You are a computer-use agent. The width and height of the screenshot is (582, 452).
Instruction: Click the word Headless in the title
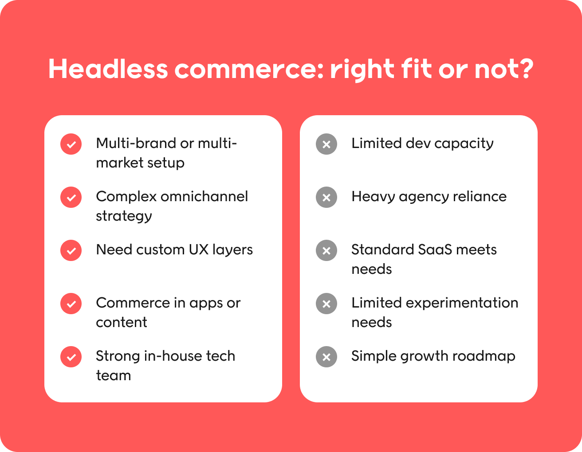108,69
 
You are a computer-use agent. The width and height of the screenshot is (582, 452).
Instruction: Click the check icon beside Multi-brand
71,144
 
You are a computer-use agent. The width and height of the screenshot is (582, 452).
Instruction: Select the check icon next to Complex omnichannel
71,197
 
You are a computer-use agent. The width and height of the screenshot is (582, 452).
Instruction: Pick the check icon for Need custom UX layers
71,251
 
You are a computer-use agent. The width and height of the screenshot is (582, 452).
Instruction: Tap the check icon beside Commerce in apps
71,304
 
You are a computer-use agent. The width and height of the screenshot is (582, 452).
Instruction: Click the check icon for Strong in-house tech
71,357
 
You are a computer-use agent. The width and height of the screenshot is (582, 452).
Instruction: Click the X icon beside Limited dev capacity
326,144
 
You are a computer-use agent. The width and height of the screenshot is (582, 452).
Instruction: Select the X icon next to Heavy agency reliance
326,197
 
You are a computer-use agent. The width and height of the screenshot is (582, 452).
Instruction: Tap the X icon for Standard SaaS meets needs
326,251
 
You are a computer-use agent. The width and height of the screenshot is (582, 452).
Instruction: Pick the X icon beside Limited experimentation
326,304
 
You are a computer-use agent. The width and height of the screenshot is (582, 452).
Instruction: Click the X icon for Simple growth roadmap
326,357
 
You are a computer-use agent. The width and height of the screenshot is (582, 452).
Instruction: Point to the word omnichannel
204,197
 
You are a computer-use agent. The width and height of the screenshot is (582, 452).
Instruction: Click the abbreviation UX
198,249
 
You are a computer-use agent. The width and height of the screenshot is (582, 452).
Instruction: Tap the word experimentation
462,303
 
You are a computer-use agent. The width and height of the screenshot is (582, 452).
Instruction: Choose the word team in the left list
114,375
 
